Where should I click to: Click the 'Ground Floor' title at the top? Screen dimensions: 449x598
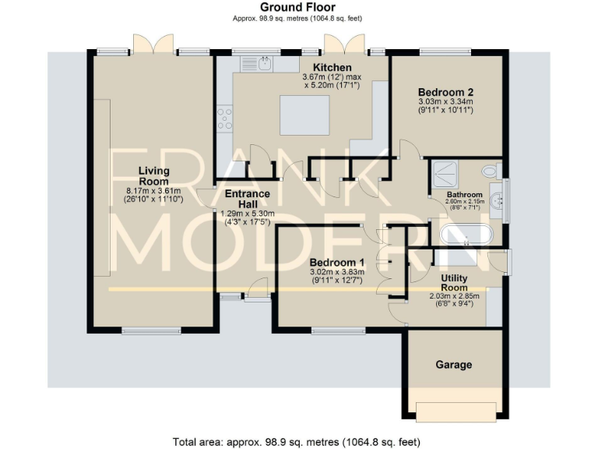[x=298, y=7]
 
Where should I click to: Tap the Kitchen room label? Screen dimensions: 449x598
[x=332, y=68]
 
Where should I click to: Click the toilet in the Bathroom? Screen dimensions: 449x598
[x=490, y=171]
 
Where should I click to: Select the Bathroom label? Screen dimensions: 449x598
[x=464, y=195]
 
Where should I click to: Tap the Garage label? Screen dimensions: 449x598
[x=453, y=364]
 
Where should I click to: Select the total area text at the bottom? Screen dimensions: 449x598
[x=298, y=440]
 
